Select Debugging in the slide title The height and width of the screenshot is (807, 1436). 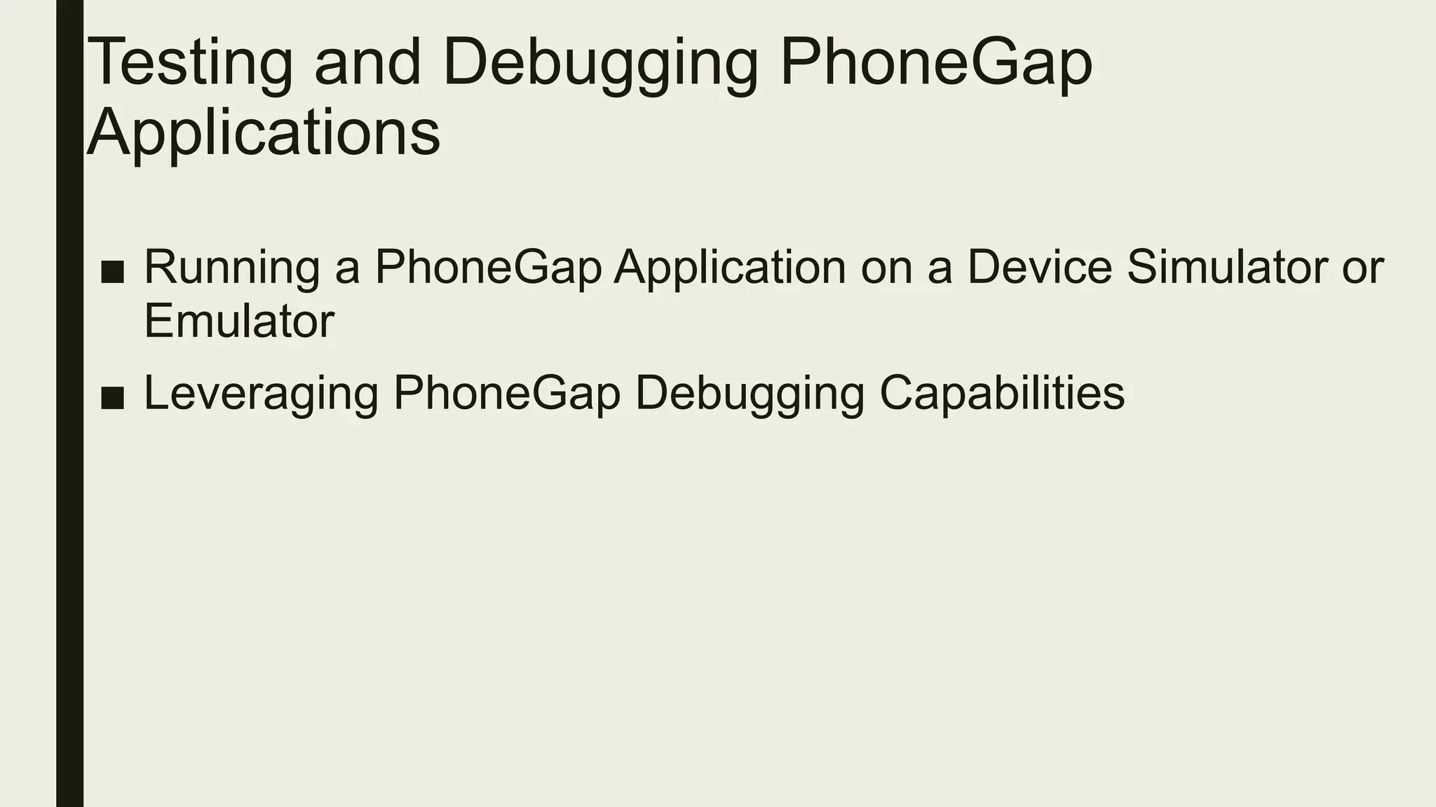click(600, 63)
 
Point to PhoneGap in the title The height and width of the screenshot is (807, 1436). click(936, 63)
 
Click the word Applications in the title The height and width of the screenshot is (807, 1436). click(264, 133)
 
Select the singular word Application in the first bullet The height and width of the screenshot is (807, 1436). click(730, 268)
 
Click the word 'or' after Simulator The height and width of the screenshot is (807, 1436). click(1363, 268)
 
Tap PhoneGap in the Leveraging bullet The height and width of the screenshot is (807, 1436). click(506, 394)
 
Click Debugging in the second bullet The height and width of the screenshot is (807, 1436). click(750, 394)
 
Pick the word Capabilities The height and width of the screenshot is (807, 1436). click(1002, 394)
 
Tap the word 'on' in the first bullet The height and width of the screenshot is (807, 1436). click(887, 268)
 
